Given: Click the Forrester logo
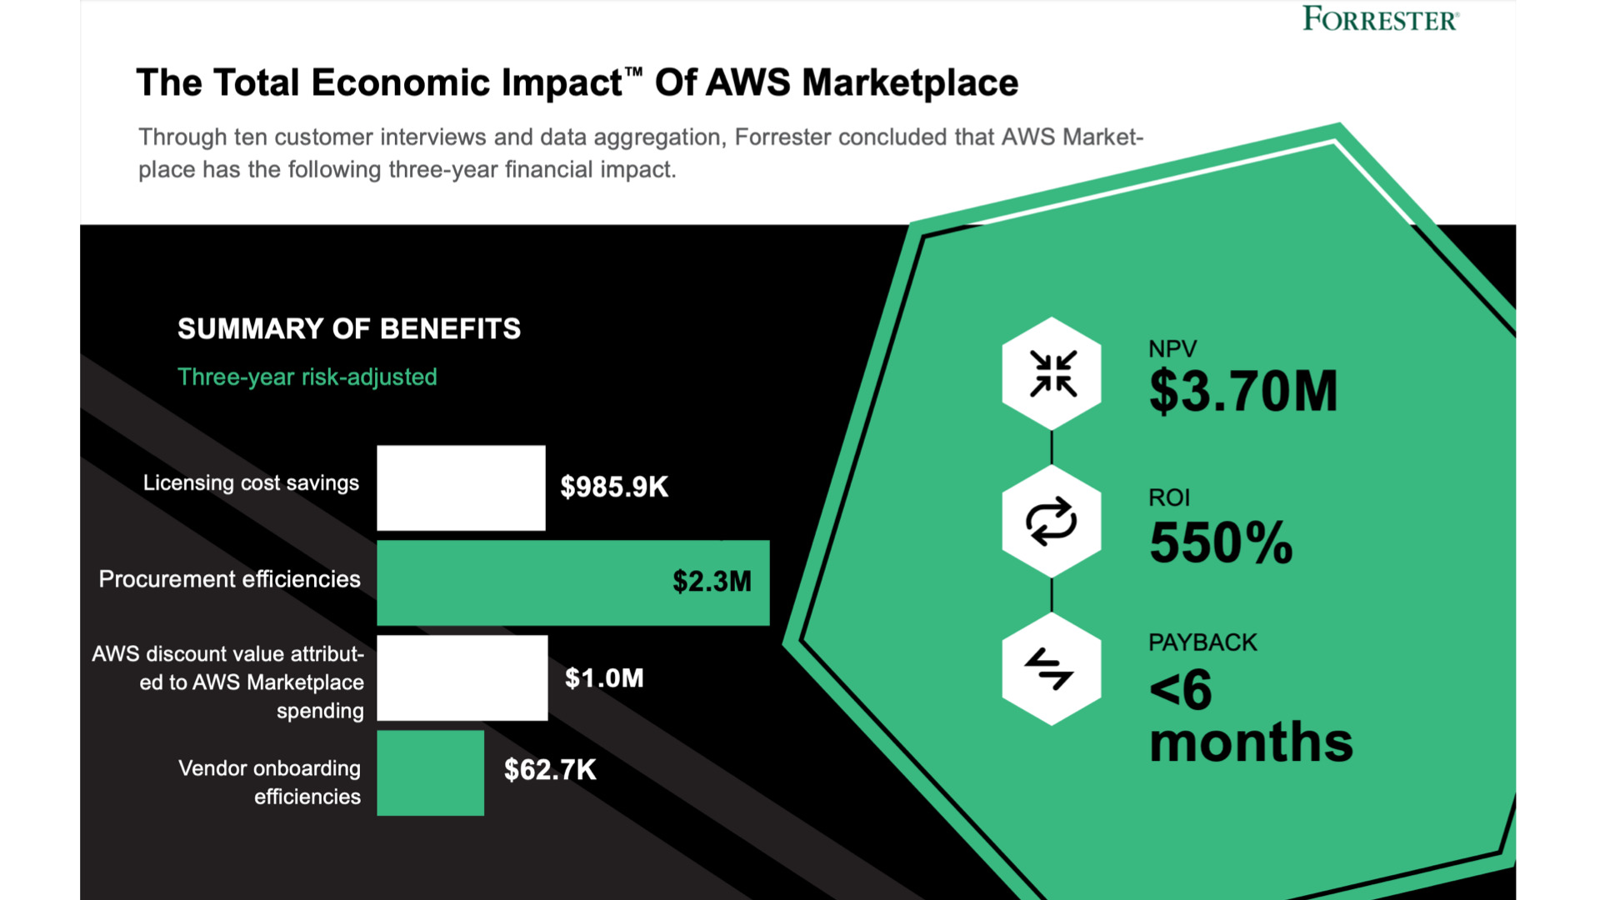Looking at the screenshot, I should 1380,18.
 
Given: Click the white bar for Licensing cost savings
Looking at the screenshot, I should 461,487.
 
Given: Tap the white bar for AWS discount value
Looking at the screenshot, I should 462,677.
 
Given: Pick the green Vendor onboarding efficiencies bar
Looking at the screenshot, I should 430,772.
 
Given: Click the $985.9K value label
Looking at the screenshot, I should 614,487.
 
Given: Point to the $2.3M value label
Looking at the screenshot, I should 712,581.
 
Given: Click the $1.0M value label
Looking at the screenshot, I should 604,677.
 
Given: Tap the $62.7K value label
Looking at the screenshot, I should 550,769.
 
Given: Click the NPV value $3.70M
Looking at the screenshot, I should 1242,392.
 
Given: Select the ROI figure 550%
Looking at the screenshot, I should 1221,543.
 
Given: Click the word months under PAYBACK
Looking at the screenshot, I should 1250,742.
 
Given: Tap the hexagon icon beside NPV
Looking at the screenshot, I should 1052,372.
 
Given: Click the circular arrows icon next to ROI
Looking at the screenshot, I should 1052,522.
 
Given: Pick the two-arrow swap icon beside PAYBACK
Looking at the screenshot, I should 1052,669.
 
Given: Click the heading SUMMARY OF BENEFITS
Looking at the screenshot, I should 348,328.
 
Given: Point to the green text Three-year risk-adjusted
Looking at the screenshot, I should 307,377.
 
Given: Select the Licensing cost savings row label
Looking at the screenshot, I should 251,482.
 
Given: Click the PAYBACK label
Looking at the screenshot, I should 1202,642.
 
